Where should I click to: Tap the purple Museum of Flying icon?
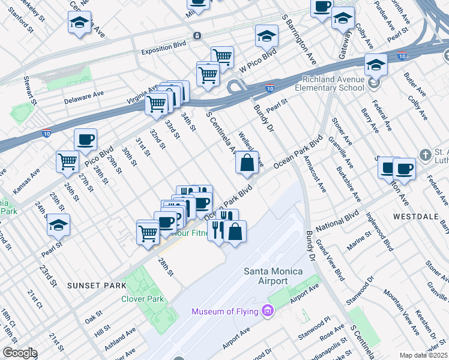268,311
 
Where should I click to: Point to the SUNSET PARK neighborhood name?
97,285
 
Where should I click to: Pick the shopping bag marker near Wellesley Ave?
247,162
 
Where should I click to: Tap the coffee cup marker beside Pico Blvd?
85,140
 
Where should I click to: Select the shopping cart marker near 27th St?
68,161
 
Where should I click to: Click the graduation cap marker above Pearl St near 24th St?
58,224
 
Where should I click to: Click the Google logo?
19,353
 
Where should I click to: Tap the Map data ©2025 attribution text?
423,355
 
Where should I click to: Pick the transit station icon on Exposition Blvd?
197,36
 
